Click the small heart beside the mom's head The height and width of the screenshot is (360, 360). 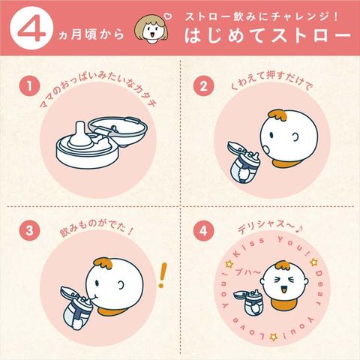[169, 16]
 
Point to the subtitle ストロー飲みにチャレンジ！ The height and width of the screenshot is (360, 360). [262, 16]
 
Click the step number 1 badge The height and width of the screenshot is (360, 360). [29, 86]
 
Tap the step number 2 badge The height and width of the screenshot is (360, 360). [203, 86]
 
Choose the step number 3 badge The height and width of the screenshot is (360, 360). [29, 231]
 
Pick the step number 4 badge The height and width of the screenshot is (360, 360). [203, 231]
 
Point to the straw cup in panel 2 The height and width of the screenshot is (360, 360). [243, 163]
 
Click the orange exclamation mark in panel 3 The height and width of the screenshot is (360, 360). [162, 275]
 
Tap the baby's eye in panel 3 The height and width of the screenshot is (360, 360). [97, 283]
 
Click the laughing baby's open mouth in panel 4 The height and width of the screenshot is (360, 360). [283, 289]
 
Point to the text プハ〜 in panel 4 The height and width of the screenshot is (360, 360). [247, 272]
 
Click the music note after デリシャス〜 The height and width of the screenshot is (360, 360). [299, 229]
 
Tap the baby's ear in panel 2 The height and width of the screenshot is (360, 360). [295, 136]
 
